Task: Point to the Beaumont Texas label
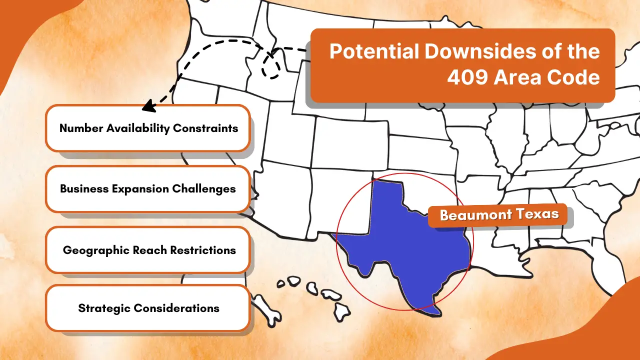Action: (499, 215)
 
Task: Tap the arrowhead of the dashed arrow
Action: (145, 106)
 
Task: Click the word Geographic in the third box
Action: (95, 250)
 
